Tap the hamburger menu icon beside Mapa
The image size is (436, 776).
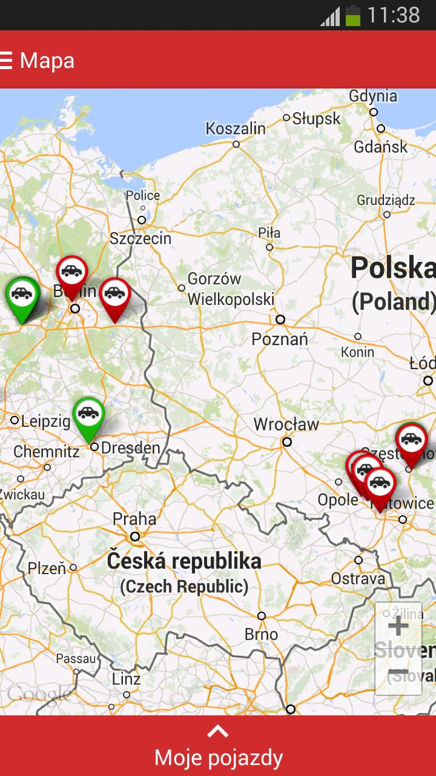pyautogui.click(x=7, y=60)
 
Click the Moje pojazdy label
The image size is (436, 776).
pyautogui.click(x=218, y=758)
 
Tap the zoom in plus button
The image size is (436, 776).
pyautogui.click(x=398, y=626)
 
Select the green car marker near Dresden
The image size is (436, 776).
pyautogui.click(x=88, y=415)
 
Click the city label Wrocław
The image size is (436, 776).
pyautogui.click(x=286, y=424)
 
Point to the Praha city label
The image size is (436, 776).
pyautogui.click(x=134, y=519)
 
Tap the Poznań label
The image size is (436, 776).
pyautogui.click(x=280, y=339)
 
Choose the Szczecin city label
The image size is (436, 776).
pyautogui.click(x=140, y=238)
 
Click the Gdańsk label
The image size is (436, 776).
pyautogui.click(x=381, y=147)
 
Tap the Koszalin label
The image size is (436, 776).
pyautogui.click(x=236, y=129)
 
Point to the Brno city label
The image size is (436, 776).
pyautogui.click(x=262, y=634)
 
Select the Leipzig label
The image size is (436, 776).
pyautogui.click(x=46, y=421)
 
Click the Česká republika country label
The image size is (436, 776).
pyautogui.click(x=184, y=561)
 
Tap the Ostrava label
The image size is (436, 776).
pyautogui.click(x=358, y=578)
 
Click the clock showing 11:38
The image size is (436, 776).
pyautogui.click(x=393, y=15)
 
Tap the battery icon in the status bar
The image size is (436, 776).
pyautogui.click(x=352, y=15)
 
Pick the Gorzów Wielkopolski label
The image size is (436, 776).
pyautogui.click(x=230, y=289)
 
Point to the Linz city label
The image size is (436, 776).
pyautogui.click(x=127, y=679)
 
